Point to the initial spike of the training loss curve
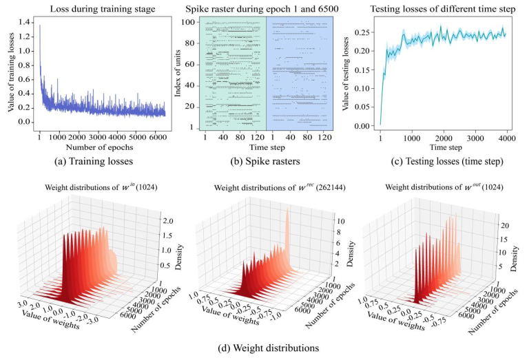pos(40,27)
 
